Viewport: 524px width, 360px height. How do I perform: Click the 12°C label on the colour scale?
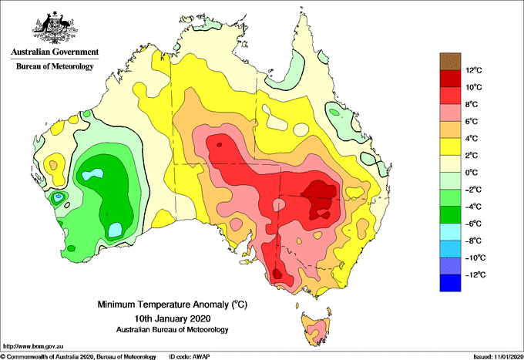(474, 70)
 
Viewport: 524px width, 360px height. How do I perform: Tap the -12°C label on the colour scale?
(475, 274)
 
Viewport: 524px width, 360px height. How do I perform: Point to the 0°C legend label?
(472, 173)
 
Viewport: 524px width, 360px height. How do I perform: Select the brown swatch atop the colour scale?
(450, 62)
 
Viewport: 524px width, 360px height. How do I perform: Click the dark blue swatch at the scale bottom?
(450, 283)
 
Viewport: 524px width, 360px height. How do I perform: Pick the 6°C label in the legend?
(472, 121)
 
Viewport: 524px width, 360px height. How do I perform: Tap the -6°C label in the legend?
(474, 224)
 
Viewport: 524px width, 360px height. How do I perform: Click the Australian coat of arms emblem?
(55, 28)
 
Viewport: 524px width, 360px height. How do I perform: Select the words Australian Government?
(55, 52)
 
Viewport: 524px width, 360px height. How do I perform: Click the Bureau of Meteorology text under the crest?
(55, 66)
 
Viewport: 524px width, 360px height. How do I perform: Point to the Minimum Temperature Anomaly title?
(173, 304)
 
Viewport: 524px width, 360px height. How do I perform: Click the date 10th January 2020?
(173, 318)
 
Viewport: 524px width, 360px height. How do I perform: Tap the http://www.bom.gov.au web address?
(33, 346)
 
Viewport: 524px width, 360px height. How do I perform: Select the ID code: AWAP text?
(190, 357)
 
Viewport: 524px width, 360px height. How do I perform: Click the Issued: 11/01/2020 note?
(498, 357)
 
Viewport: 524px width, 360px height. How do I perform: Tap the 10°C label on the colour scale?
(474, 87)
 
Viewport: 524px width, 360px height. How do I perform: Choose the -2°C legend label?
(474, 190)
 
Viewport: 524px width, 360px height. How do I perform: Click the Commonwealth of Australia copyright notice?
(78, 357)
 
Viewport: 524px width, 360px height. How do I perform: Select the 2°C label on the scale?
(472, 156)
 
